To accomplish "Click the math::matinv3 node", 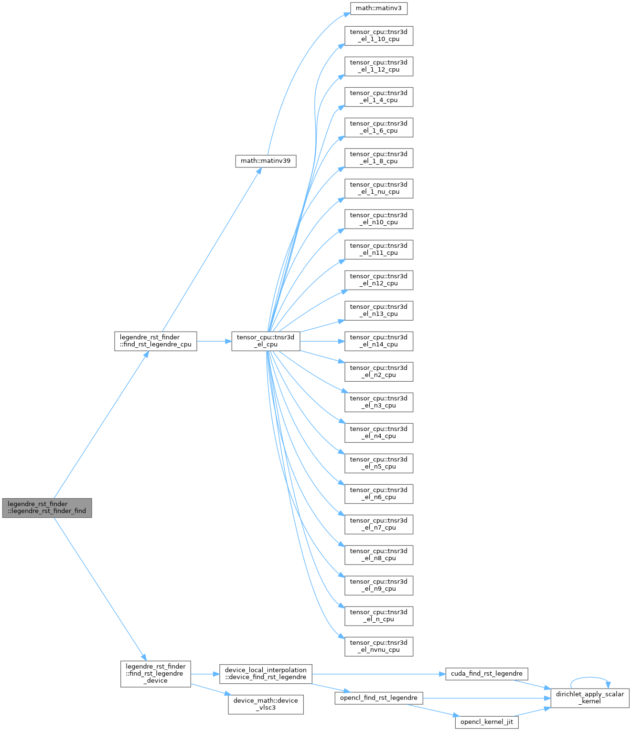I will pos(378,8).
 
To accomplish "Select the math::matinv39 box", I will pos(266,161).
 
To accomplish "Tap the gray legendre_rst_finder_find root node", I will pos(47,508).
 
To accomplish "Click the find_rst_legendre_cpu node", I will pos(156,341).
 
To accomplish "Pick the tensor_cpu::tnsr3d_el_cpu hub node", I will pos(266,341).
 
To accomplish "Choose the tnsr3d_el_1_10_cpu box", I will pos(379,36).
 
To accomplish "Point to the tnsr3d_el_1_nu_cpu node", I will pos(379,188).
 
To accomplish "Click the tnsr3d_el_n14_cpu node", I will pos(379,341).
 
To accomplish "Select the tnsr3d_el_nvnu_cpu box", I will pos(379,647).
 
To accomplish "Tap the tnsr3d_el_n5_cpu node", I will pos(379,463).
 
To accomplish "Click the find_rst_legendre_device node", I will pos(156,674).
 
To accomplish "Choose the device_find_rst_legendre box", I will pos(266,674).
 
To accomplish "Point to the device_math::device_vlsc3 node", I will pos(266,704).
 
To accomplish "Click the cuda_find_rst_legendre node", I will pos(486,674).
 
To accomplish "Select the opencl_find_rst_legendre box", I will pos(379,698).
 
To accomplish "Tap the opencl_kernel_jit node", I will pos(486,722).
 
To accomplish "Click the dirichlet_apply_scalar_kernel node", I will pos(590,698).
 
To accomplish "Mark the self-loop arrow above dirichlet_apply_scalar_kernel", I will pos(590,678).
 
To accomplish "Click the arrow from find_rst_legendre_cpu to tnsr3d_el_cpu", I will pos(214,341).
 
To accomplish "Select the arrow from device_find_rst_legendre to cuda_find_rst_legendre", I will pos(377,674).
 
